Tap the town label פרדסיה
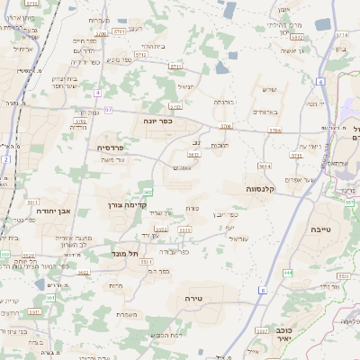(116, 147)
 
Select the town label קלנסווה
(265, 189)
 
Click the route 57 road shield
(108, 110)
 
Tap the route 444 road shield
(287, 272)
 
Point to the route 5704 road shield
(225, 127)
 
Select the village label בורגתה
(223, 103)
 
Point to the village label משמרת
(127, 314)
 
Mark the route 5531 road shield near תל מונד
(160, 229)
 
